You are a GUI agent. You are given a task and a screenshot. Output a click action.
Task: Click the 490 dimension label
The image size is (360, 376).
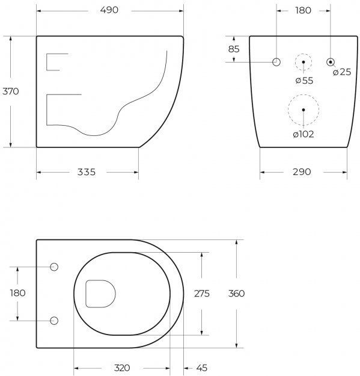pyautogui.click(x=109, y=10)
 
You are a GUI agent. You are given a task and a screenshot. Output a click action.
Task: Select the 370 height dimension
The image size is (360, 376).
pyautogui.click(x=11, y=91)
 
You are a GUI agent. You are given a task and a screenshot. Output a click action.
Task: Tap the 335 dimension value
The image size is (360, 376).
pyautogui.click(x=87, y=172)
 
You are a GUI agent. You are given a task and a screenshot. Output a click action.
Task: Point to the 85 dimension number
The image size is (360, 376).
pyautogui.click(x=234, y=49)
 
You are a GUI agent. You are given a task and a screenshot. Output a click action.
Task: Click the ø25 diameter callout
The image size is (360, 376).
pyautogui.click(x=342, y=72)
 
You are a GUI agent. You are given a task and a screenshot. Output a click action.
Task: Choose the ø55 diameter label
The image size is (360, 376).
pyautogui.click(x=305, y=81)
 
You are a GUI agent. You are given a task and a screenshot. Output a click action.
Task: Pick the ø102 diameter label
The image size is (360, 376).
pyautogui.click(x=304, y=134)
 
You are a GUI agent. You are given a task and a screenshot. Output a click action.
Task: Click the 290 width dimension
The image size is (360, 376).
pyautogui.click(x=302, y=171)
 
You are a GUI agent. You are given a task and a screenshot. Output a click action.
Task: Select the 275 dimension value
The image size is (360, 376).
pyautogui.click(x=202, y=294)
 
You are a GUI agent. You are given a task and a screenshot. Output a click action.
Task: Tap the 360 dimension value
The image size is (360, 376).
pyautogui.click(x=237, y=293)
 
